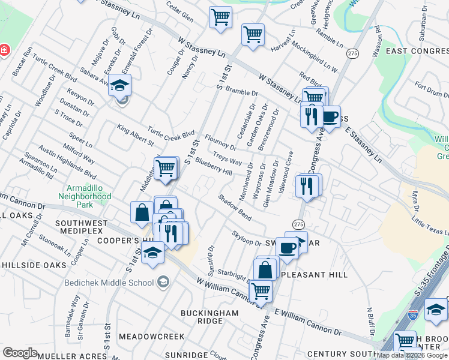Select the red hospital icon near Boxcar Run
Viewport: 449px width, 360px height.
tap(4, 50)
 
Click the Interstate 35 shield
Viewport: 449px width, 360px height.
tap(412, 313)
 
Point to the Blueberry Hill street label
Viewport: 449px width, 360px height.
tap(214, 167)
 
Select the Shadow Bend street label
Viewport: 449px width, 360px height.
tap(235, 206)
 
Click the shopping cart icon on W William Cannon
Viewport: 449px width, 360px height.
tap(260, 292)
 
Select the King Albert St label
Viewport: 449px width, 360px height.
tap(135, 136)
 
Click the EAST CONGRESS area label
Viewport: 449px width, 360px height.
tap(417, 52)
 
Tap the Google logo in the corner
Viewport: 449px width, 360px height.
tap(20, 353)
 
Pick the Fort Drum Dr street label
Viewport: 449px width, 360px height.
tap(429, 89)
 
